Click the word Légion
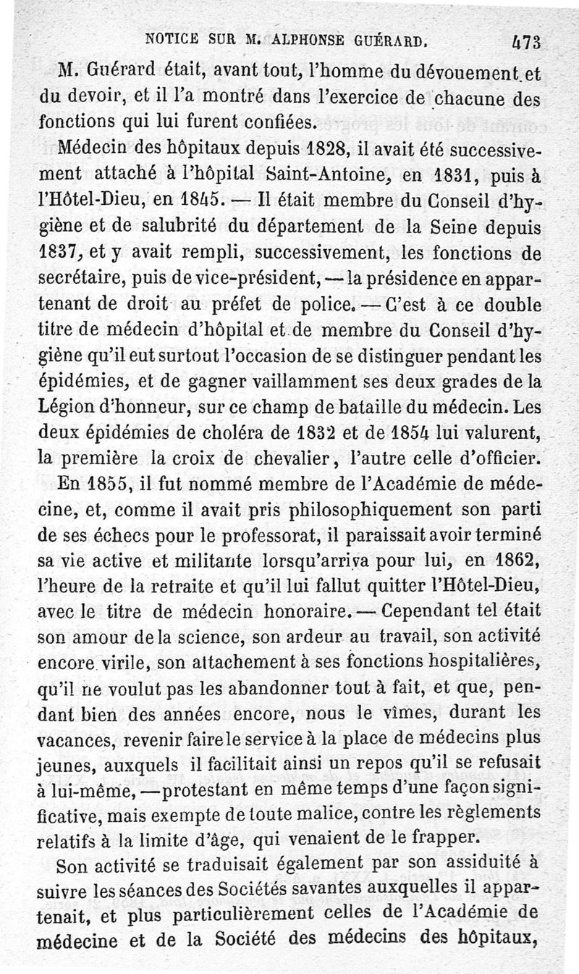pyautogui.click(x=62, y=407)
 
